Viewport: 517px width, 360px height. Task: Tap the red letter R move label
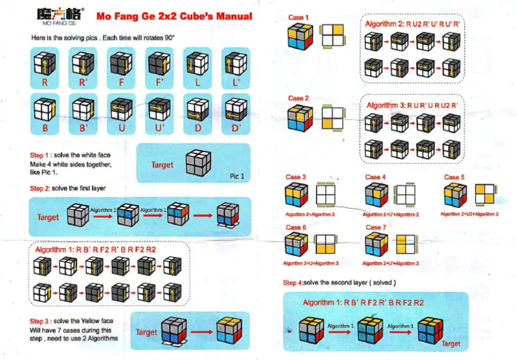[44, 83]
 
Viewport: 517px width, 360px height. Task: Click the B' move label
[83, 127]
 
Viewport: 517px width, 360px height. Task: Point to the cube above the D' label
[233, 108]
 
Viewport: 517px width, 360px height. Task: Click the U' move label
[159, 127]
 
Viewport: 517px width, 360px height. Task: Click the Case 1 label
[298, 17]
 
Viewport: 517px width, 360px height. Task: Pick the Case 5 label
[454, 178]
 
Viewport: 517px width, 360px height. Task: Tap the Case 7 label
[376, 227]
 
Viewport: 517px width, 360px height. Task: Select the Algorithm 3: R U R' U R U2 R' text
[412, 106]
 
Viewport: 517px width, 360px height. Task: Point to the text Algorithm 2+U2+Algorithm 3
[469, 213]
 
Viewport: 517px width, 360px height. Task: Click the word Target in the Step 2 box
[48, 217]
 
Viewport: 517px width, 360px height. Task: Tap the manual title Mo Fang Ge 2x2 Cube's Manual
[173, 15]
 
